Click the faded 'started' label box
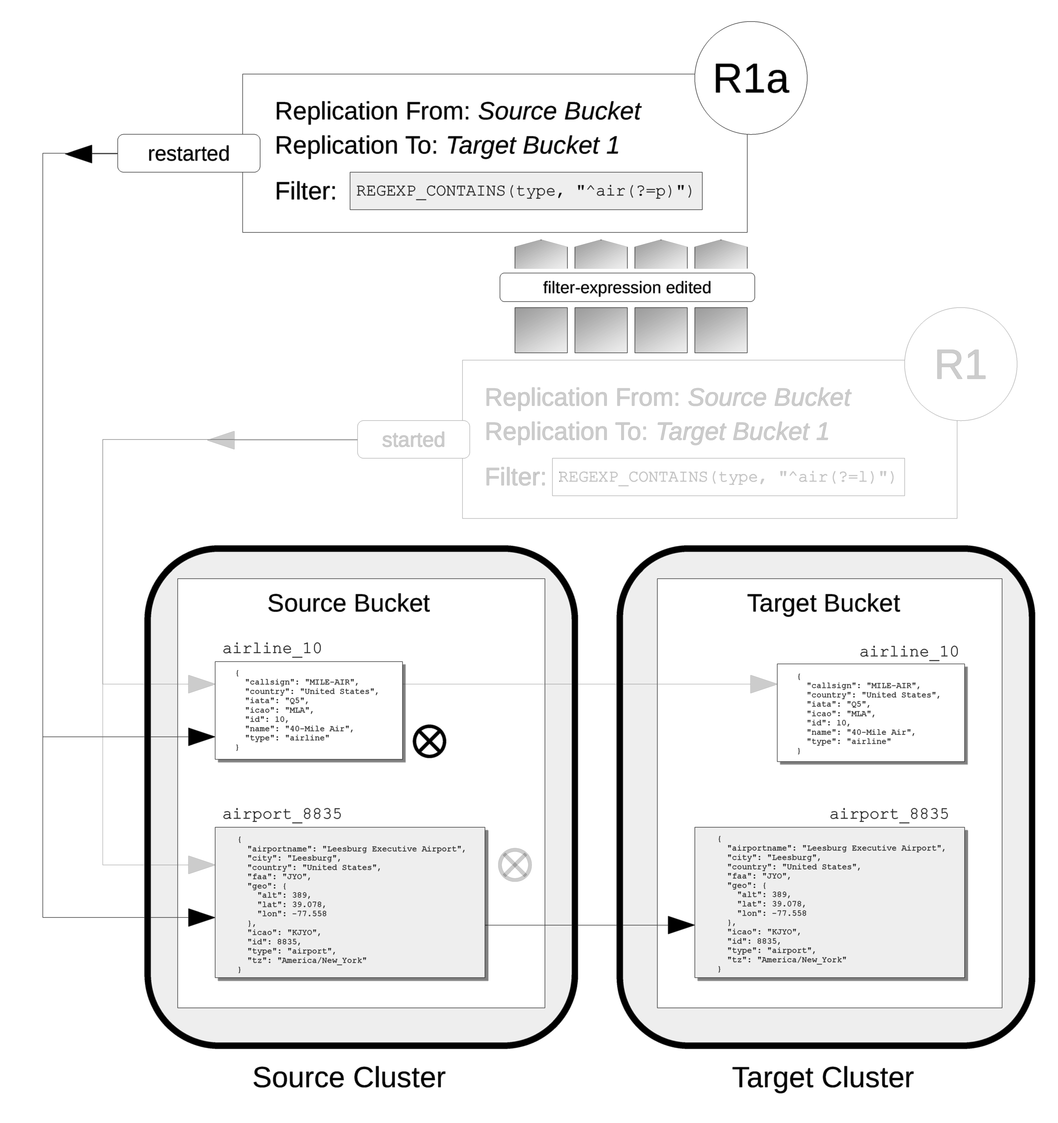click(413, 439)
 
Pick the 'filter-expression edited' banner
click(627, 288)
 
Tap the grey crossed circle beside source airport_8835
click(514, 865)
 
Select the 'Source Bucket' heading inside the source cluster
click(348, 603)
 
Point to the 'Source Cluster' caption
click(348, 1077)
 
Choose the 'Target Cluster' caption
click(823, 1077)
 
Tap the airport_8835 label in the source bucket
click(282, 814)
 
